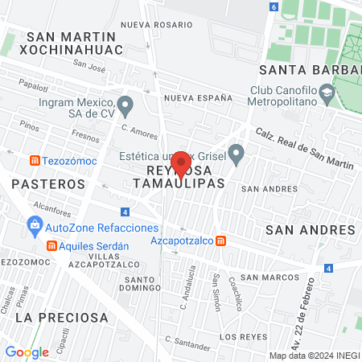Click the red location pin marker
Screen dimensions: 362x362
tap(181, 163)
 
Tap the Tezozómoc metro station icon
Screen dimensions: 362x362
tap(35, 160)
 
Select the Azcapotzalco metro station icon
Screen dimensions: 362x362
tap(221, 241)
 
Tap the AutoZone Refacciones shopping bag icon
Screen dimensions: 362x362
tap(35, 228)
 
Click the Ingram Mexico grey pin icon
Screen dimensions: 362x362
tap(125, 105)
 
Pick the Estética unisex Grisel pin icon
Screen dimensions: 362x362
tap(236, 151)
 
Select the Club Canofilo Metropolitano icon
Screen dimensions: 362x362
tap(327, 96)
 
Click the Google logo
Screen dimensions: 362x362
tap(27, 352)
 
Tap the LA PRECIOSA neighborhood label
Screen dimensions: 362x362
tap(61, 318)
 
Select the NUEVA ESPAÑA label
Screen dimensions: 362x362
tap(198, 97)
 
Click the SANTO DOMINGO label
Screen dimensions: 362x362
tap(142, 284)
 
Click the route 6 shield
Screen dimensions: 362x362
tap(274, 6)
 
